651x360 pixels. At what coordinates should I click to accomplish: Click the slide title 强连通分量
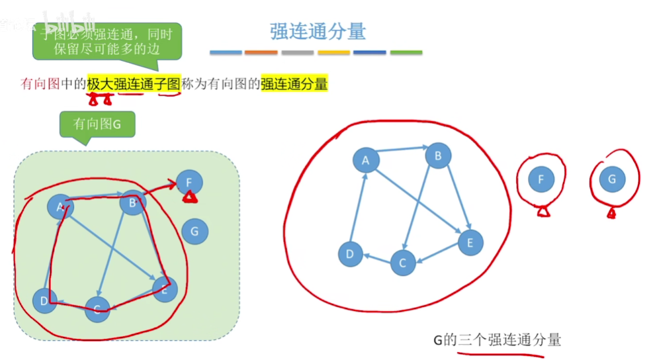(x=318, y=31)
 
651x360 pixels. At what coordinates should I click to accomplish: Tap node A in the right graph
(x=365, y=159)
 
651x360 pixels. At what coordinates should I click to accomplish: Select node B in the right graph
(x=437, y=156)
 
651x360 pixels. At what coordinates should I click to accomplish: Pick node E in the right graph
(x=470, y=242)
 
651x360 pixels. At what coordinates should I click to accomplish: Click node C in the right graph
(x=402, y=263)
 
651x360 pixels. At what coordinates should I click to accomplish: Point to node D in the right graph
(x=350, y=254)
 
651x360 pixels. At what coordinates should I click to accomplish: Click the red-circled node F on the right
(x=541, y=179)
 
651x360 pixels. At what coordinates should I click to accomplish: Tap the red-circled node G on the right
(x=611, y=179)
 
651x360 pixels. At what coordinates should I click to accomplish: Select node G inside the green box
(x=195, y=231)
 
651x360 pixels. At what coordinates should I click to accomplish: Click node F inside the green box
(x=189, y=182)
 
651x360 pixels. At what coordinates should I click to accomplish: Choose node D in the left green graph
(x=44, y=301)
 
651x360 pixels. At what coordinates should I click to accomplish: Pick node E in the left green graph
(x=165, y=289)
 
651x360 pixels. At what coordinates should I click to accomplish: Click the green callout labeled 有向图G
(x=97, y=123)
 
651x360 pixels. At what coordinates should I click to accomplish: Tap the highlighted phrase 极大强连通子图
(x=133, y=84)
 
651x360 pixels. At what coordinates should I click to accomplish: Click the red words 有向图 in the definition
(x=40, y=84)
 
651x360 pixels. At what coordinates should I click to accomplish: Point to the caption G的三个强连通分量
(x=497, y=340)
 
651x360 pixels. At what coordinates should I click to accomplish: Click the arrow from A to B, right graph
(x=401, y=152)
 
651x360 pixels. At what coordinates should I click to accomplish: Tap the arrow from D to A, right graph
(x=358, y=206)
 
